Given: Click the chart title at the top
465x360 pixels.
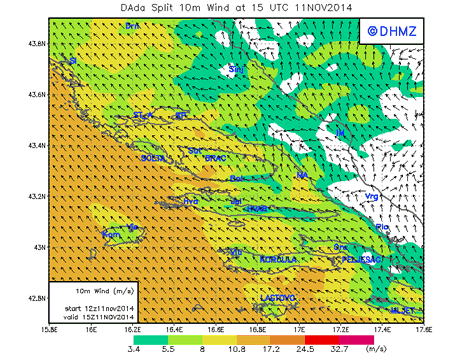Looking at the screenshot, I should point(232,8).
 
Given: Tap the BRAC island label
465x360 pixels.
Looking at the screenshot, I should point(217,159).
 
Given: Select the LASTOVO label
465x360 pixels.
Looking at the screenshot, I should point(278,298).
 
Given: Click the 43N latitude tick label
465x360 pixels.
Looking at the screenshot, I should point(37,246).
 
